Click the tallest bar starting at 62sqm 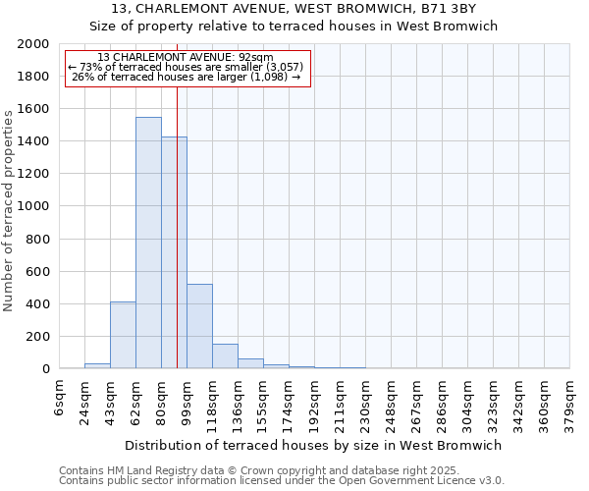(x=148, y=243)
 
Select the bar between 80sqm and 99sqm (x=174, y=252)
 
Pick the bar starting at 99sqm (x=199, y=326)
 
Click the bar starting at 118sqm (x=225, y=356)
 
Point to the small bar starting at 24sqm (x=97, y=366)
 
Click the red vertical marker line (x=177, y=196)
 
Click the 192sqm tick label (x=314, y=403)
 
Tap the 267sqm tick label (x=416, y=403)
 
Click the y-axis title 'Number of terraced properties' (x=9, y=211)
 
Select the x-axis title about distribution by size (x=314, y=445)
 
